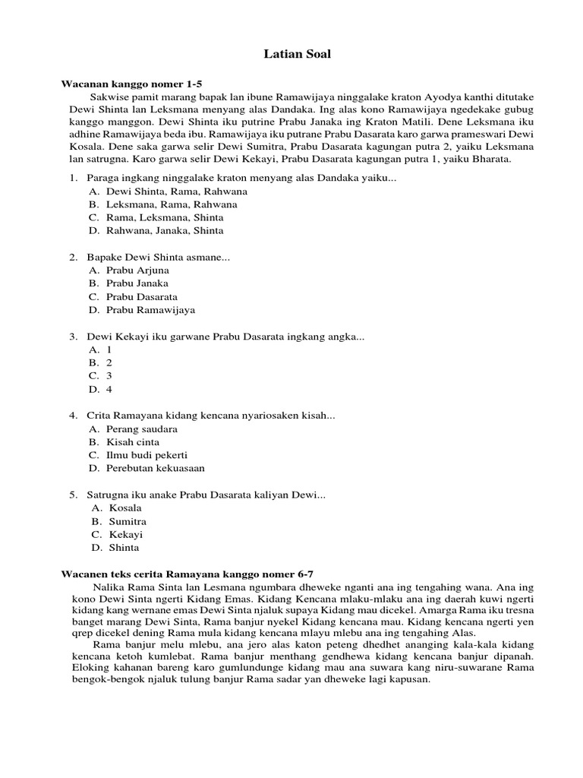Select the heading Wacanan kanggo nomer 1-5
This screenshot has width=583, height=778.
pyautogui.click(x=131, y=83)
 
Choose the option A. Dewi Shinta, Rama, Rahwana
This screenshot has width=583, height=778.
pyautogui.click(x=167, y=191)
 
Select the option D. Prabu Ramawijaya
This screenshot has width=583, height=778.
pyautogui.click(x=141, y=310)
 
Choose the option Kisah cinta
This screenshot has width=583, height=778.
pyautogui.click(x=133, y=441)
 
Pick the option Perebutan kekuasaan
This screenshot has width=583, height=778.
pyautogui.click(x=155, y=468)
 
